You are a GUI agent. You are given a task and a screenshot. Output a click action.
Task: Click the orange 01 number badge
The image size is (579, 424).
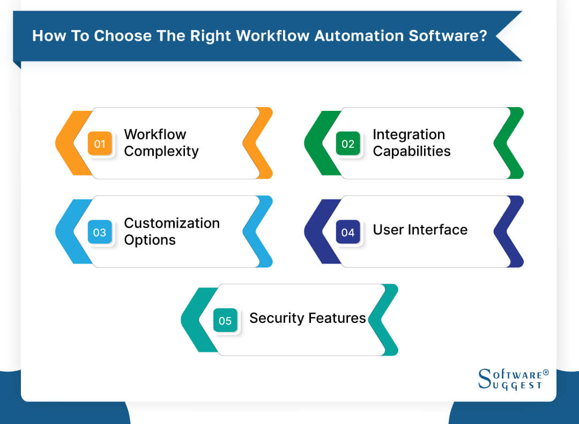[100, 143]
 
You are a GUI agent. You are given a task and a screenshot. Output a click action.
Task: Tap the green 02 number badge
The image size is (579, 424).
[348, 143]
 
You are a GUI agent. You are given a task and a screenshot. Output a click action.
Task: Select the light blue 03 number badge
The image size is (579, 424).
[100, 232]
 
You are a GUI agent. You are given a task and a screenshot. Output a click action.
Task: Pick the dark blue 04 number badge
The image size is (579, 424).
[348, 232]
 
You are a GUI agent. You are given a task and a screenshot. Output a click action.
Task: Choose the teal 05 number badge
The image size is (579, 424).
[225, 321]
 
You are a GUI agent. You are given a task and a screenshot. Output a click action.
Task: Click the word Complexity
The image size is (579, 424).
[161, 152]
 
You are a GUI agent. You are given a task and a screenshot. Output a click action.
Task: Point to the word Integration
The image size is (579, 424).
[409, 134]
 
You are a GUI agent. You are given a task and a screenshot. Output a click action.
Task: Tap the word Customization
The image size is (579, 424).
[172, 223]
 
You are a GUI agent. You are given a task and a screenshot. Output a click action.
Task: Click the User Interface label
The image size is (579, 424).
[420, 230]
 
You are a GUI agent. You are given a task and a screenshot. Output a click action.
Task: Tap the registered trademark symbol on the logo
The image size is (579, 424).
[546, 372]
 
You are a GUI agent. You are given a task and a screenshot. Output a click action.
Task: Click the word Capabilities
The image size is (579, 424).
[411, 152]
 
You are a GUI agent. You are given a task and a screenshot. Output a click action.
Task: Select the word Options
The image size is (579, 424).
[150, 240]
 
